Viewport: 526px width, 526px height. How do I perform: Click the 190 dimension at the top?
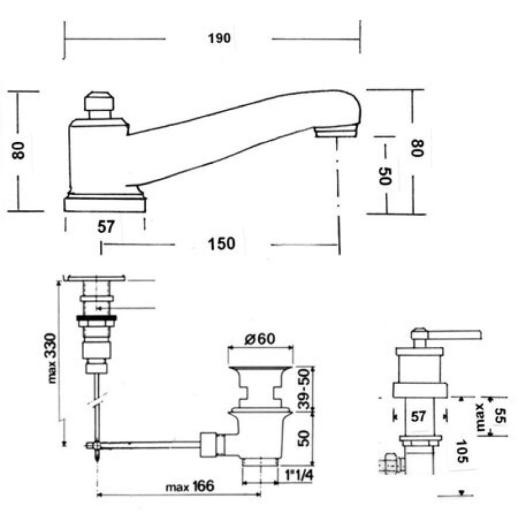point(219,39)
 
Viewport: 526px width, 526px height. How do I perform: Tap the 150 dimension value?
point(222,244)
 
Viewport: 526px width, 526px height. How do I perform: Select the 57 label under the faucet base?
point(106,227)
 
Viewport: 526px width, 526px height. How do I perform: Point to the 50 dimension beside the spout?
point(385,176)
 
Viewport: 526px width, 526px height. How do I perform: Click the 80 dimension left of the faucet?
point(18,151)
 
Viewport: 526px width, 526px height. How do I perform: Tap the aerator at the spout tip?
point(335,130)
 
